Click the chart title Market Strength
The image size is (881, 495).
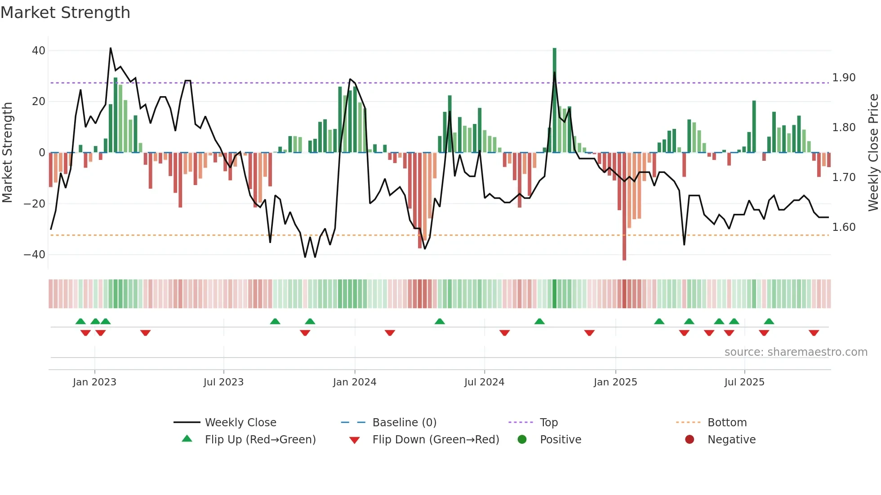[x=65, y=13]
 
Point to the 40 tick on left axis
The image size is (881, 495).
[x=39, y=51]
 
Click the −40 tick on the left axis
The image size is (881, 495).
[x=35, y=255]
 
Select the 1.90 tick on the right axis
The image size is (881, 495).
[x=844, y=78]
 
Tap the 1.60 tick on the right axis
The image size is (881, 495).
[x=844, y=227]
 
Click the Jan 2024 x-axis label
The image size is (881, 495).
[x=354, y=382]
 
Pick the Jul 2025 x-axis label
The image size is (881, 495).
[x=744, y=382]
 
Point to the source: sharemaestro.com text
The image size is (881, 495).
[x=796, y=352]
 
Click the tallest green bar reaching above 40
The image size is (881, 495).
[x=554, y=99]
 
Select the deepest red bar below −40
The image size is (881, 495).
[x=624, y=207]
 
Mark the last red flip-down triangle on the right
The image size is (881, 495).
[x=814, y=333]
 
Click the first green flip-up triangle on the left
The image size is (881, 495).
[x=80, y=321]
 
